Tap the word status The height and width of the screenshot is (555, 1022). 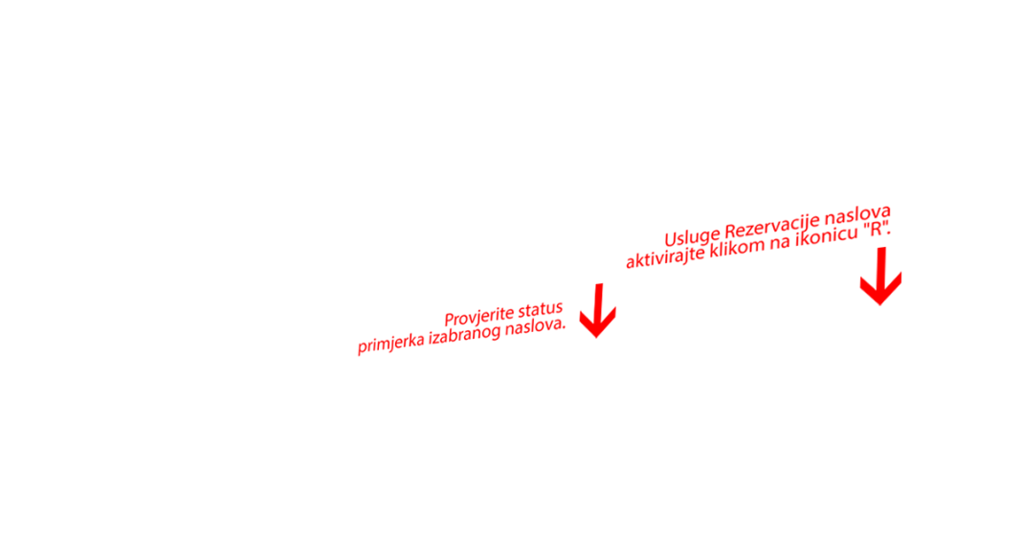(x=540, y=309)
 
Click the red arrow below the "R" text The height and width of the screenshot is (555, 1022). (x=880, y=276)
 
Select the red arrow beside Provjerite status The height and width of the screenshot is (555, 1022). (x=598, y=311)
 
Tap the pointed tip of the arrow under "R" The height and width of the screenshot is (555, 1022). (x=880, y=305)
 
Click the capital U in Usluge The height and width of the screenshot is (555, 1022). (x=672, y=239)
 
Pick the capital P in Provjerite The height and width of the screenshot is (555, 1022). (x=450, y=320)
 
